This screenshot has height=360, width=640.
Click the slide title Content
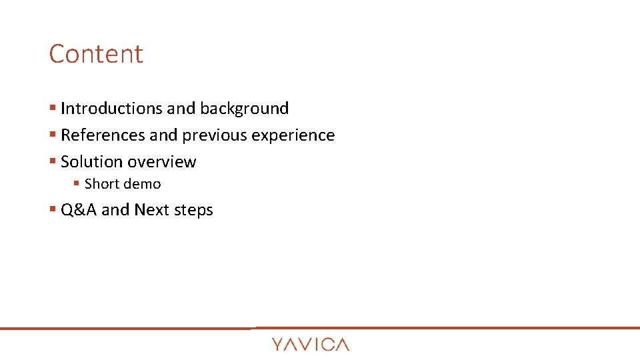[x=96, y=54]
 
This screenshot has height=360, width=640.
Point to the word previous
[x=215, y=135]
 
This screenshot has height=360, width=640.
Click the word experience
[x=293, y=136]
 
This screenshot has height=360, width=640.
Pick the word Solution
[x=91, y=162]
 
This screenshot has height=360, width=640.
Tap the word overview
[x=162, y=162]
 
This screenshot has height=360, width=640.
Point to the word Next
[x=151, y=210]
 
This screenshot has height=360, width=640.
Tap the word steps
[x=193, y=211]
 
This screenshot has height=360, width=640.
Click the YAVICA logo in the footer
[x=310, y=344]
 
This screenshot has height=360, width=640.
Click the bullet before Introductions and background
[x=53, y=109]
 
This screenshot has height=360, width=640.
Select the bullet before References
[x=53, y=135]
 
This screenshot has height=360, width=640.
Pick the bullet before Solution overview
[x=53, y=162]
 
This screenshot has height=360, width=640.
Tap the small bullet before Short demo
[x=77, y=184]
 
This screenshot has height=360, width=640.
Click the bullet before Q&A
[x=53, y=210]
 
